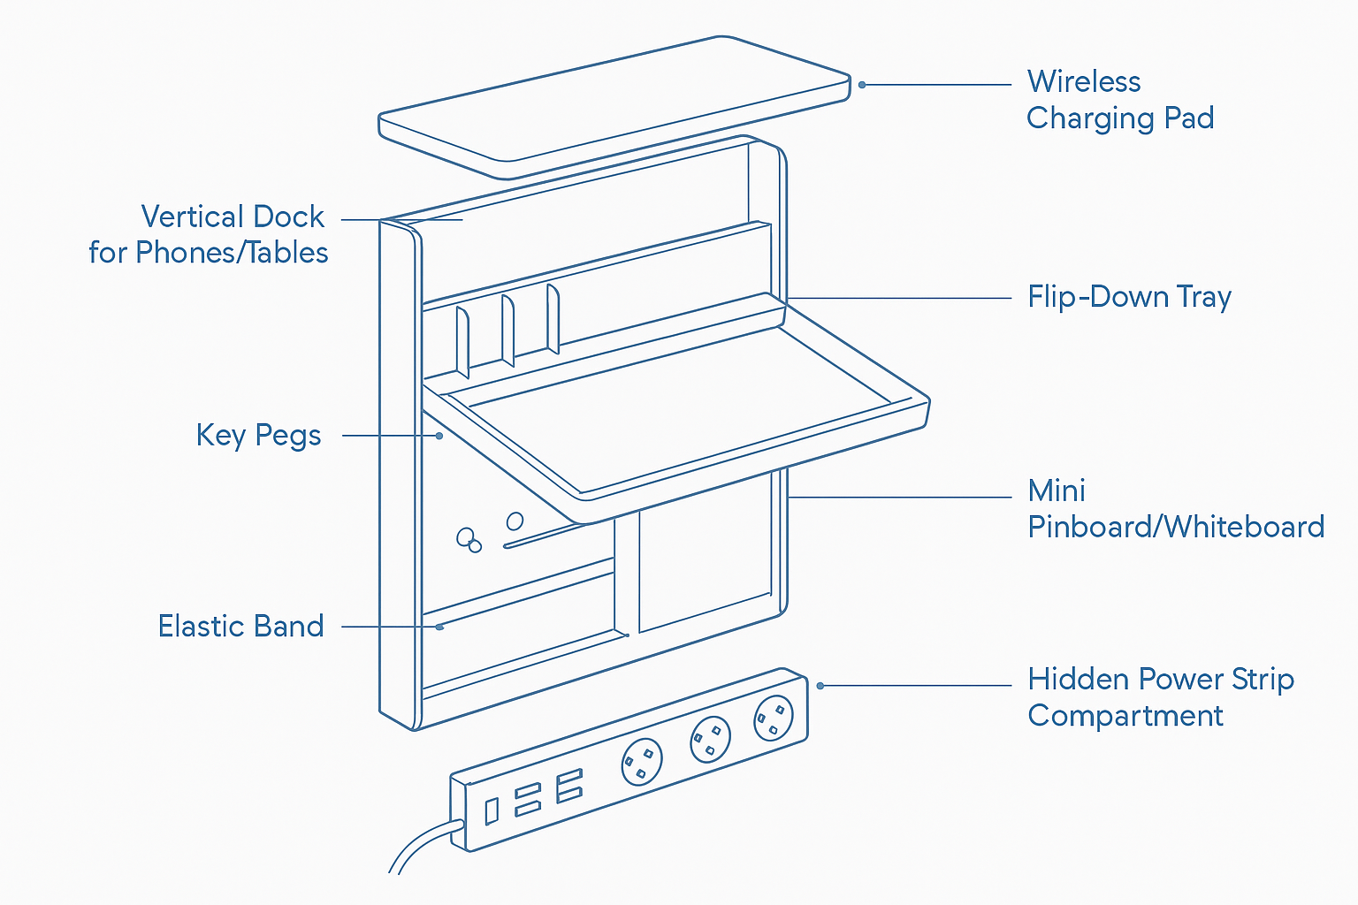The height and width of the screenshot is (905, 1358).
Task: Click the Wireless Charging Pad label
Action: (x=1119, y=100)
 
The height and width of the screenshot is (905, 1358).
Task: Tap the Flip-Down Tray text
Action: (x=1129, y=297)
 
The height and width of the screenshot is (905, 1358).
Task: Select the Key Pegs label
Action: (x=258, y=436)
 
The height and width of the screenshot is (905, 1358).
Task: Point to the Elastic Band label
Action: (x=240, y=627)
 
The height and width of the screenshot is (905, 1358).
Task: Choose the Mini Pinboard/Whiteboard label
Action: (x=1175, y=509)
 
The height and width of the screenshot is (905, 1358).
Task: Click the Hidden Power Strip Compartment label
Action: (x=1160, y=697)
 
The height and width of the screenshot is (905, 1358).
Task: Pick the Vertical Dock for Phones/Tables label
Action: (x=209, y=235)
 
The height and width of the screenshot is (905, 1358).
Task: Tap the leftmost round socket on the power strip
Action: (x=642, y=761)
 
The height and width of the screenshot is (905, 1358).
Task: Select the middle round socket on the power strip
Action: (x=710, y=739)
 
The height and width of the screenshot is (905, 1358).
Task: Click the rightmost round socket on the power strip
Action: (x=774, y=717)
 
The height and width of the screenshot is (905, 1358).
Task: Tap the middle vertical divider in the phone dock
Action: (x=507, y=330)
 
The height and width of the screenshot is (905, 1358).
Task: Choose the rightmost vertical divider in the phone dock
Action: (x=553, y=318)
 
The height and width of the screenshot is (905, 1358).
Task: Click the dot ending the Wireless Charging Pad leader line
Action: (x=862, y=85)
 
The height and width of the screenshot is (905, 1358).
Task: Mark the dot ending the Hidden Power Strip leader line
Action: (x=820, y=686)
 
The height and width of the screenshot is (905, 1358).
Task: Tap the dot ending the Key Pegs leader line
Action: (x=439, y=436)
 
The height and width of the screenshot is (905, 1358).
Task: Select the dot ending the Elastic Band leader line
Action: (x=439, y=627)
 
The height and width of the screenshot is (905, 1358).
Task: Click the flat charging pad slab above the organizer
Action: (x=614, y=106)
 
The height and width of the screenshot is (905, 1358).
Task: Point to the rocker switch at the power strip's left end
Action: (x=492, y=810)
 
